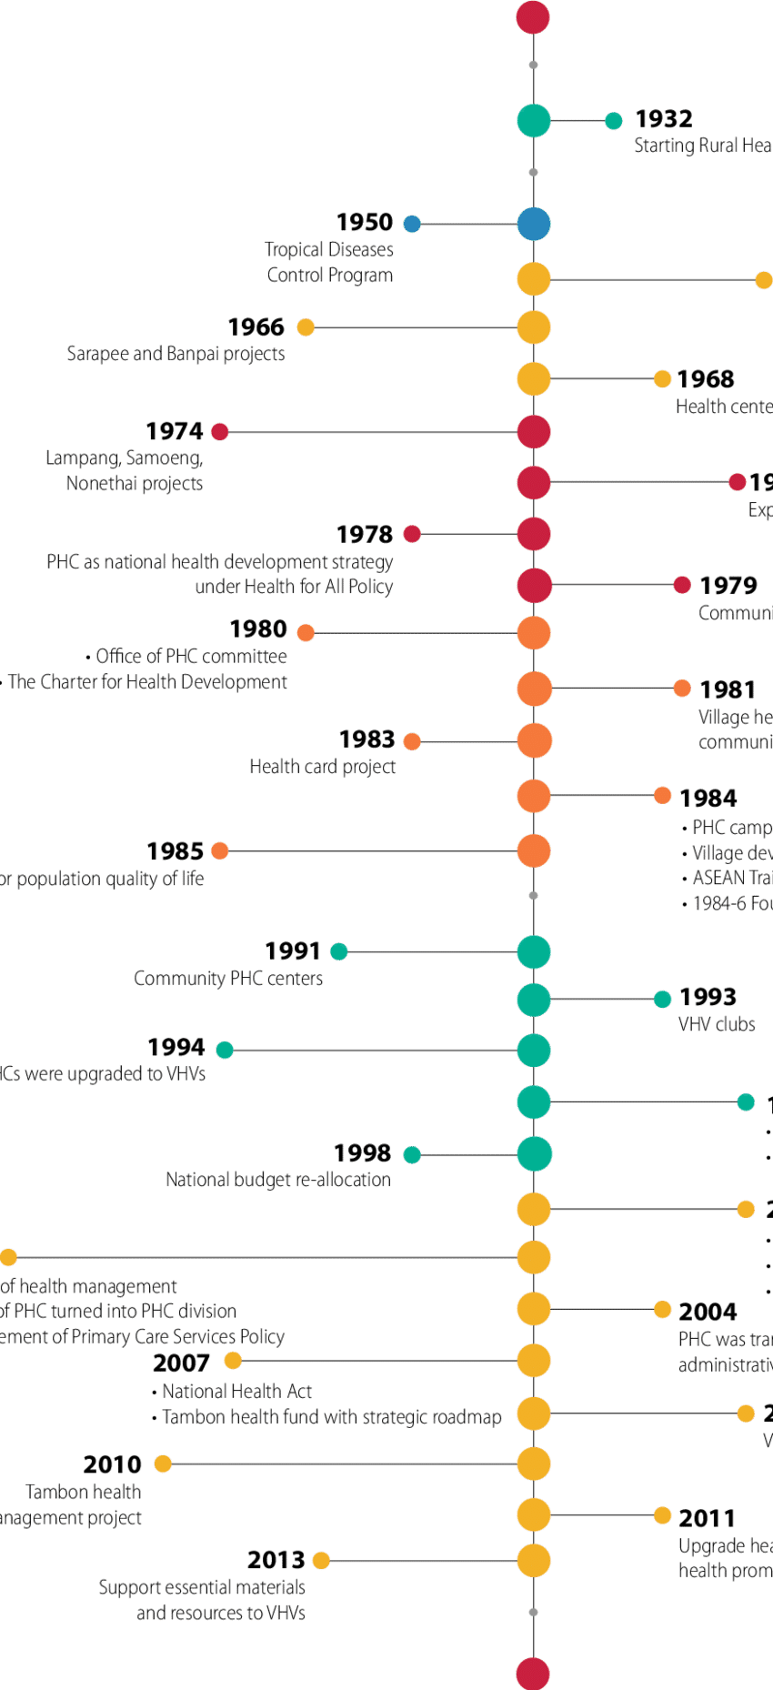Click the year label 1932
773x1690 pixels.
[x=664, y=119]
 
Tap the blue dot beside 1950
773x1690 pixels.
[x=412, y=224]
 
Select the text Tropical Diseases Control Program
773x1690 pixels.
[x=329, y=262]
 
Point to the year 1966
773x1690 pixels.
[x=256, y=327]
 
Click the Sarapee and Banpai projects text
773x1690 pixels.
[x=176, y=354]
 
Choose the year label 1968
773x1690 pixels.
[x=707, y=379]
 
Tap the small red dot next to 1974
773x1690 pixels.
[x=220, y=431]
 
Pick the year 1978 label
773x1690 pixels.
[x=365, y=534]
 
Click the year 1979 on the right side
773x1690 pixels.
[x=728, y=586]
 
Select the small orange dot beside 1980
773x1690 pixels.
[x=306, y=632]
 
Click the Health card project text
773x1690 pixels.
[x=323, y=767]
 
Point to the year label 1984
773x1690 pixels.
[x=708, y=798]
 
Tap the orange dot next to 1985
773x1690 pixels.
[x=220, y=851]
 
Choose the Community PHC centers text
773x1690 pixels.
[x=229, y=979]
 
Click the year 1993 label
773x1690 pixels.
[x=708, y=998]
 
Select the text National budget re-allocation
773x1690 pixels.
[x=277, y=1180]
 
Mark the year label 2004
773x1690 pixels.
[x=708, y=1311]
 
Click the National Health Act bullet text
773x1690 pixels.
[x=236, y=1391]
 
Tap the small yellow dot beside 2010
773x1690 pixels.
[x=163, y=1464]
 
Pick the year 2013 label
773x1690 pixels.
[x=276, y=1560]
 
